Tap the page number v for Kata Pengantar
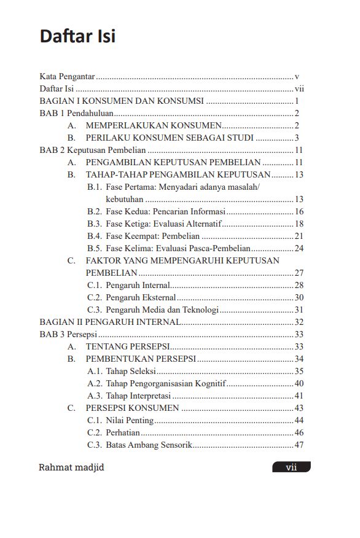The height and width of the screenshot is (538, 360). [297, 77]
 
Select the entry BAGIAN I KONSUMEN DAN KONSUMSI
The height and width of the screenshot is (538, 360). [122, 101]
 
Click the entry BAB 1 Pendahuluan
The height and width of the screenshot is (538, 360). [76, 114]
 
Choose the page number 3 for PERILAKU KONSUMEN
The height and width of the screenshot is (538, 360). [297, 138]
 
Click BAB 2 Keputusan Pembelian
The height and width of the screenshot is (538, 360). [92, 150]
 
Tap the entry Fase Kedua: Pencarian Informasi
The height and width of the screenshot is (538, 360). [165, 212]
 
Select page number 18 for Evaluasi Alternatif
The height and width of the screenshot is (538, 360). [299, 224]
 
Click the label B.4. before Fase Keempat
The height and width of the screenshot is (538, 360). [94, 236]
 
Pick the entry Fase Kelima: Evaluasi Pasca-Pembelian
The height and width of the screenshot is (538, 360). [178, 249]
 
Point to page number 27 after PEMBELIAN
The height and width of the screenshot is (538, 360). [299, 273]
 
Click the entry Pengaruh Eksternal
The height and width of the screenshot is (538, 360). [141, 298]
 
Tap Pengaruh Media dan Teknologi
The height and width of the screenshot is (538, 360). [162, 310]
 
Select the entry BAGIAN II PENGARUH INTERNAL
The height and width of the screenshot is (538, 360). [110, 322]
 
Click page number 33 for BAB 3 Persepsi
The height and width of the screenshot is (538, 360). [299, 335]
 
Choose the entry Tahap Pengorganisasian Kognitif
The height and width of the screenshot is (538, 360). [166, 384]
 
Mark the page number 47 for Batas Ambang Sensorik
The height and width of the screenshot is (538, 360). [299, 445]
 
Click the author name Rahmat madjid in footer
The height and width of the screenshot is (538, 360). [71, 467]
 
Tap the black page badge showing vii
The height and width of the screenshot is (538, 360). [291, 467]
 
